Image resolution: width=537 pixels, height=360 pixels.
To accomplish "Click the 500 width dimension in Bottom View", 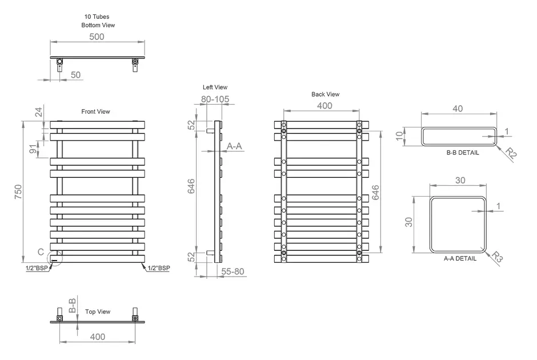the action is [97, 37].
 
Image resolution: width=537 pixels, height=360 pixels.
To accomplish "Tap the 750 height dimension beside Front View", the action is [18, 192].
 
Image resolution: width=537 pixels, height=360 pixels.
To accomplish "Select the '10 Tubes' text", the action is [97, 17].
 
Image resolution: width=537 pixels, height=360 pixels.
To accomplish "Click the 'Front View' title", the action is [95, 111].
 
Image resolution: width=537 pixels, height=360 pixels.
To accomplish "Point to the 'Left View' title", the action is [215, 87].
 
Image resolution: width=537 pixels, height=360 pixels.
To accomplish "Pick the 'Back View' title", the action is [326, 94].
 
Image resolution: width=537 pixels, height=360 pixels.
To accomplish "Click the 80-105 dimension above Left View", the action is [215, 99].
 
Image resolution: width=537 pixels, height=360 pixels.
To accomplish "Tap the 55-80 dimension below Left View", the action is [233, 271].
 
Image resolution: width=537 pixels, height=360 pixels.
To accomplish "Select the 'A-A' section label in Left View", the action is [234, 146].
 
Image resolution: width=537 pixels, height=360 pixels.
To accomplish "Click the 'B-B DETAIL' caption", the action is [463, 153].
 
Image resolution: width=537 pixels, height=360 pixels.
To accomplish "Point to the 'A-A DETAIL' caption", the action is [460, 259].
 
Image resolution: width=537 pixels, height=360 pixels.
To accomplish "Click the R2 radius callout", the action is [511, 154].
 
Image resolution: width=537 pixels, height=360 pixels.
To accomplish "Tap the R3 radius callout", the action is [496, 257].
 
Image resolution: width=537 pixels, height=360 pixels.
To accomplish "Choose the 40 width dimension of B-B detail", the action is [458, 109].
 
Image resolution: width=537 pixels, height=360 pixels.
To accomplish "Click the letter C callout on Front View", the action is [41, 252].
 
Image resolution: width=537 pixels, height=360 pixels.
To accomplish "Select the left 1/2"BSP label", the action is [37, 268].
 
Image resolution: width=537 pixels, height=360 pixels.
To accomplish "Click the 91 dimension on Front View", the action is [32, 149].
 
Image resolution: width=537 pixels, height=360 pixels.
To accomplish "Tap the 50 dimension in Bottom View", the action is [75, 75].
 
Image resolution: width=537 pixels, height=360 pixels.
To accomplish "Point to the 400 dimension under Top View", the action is [98, 337].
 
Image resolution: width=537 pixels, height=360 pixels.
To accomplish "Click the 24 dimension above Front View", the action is [38, 112].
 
